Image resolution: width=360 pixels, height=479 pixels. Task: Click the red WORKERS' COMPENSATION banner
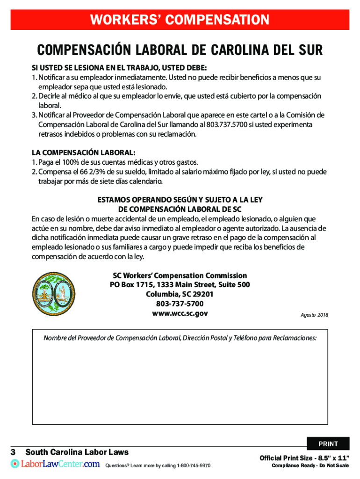pyautogui.click(x=180, y=20)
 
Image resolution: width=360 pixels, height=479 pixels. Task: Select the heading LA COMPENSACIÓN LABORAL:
pyautogui.click(x=83, y=152)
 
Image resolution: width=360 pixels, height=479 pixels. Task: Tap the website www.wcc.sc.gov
pyautogui.click(x=180, y=313)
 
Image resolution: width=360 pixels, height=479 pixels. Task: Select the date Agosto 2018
pyautogui.click(x=314, y=315)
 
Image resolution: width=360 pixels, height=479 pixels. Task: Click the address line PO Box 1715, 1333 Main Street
pyautogui.click(x=180, y=285)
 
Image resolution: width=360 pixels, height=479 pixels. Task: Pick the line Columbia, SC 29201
pyautogui.click(x=180, y=294)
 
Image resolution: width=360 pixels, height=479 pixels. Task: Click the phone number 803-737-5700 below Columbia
pyautogui.click(x=180, y=304)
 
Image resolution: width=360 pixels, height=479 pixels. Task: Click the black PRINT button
pyautogui.click(x=328, y=443)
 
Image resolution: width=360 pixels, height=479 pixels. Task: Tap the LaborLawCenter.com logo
pyautogui.click(x=55, y=464)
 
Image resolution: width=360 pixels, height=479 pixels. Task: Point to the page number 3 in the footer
pyautogui.click(x=14, y=452)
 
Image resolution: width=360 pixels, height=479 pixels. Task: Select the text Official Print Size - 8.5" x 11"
pyautogui.click(x=304, y=457)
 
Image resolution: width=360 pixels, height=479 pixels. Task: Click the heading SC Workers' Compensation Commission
pyautogui.click(x=180, y=276)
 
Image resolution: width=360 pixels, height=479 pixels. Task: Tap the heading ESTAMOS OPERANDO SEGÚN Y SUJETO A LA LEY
pyautogui.click(x=180, y=200)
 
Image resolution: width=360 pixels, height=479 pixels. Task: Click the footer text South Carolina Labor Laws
pyautogui.click(x=77, y=452)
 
